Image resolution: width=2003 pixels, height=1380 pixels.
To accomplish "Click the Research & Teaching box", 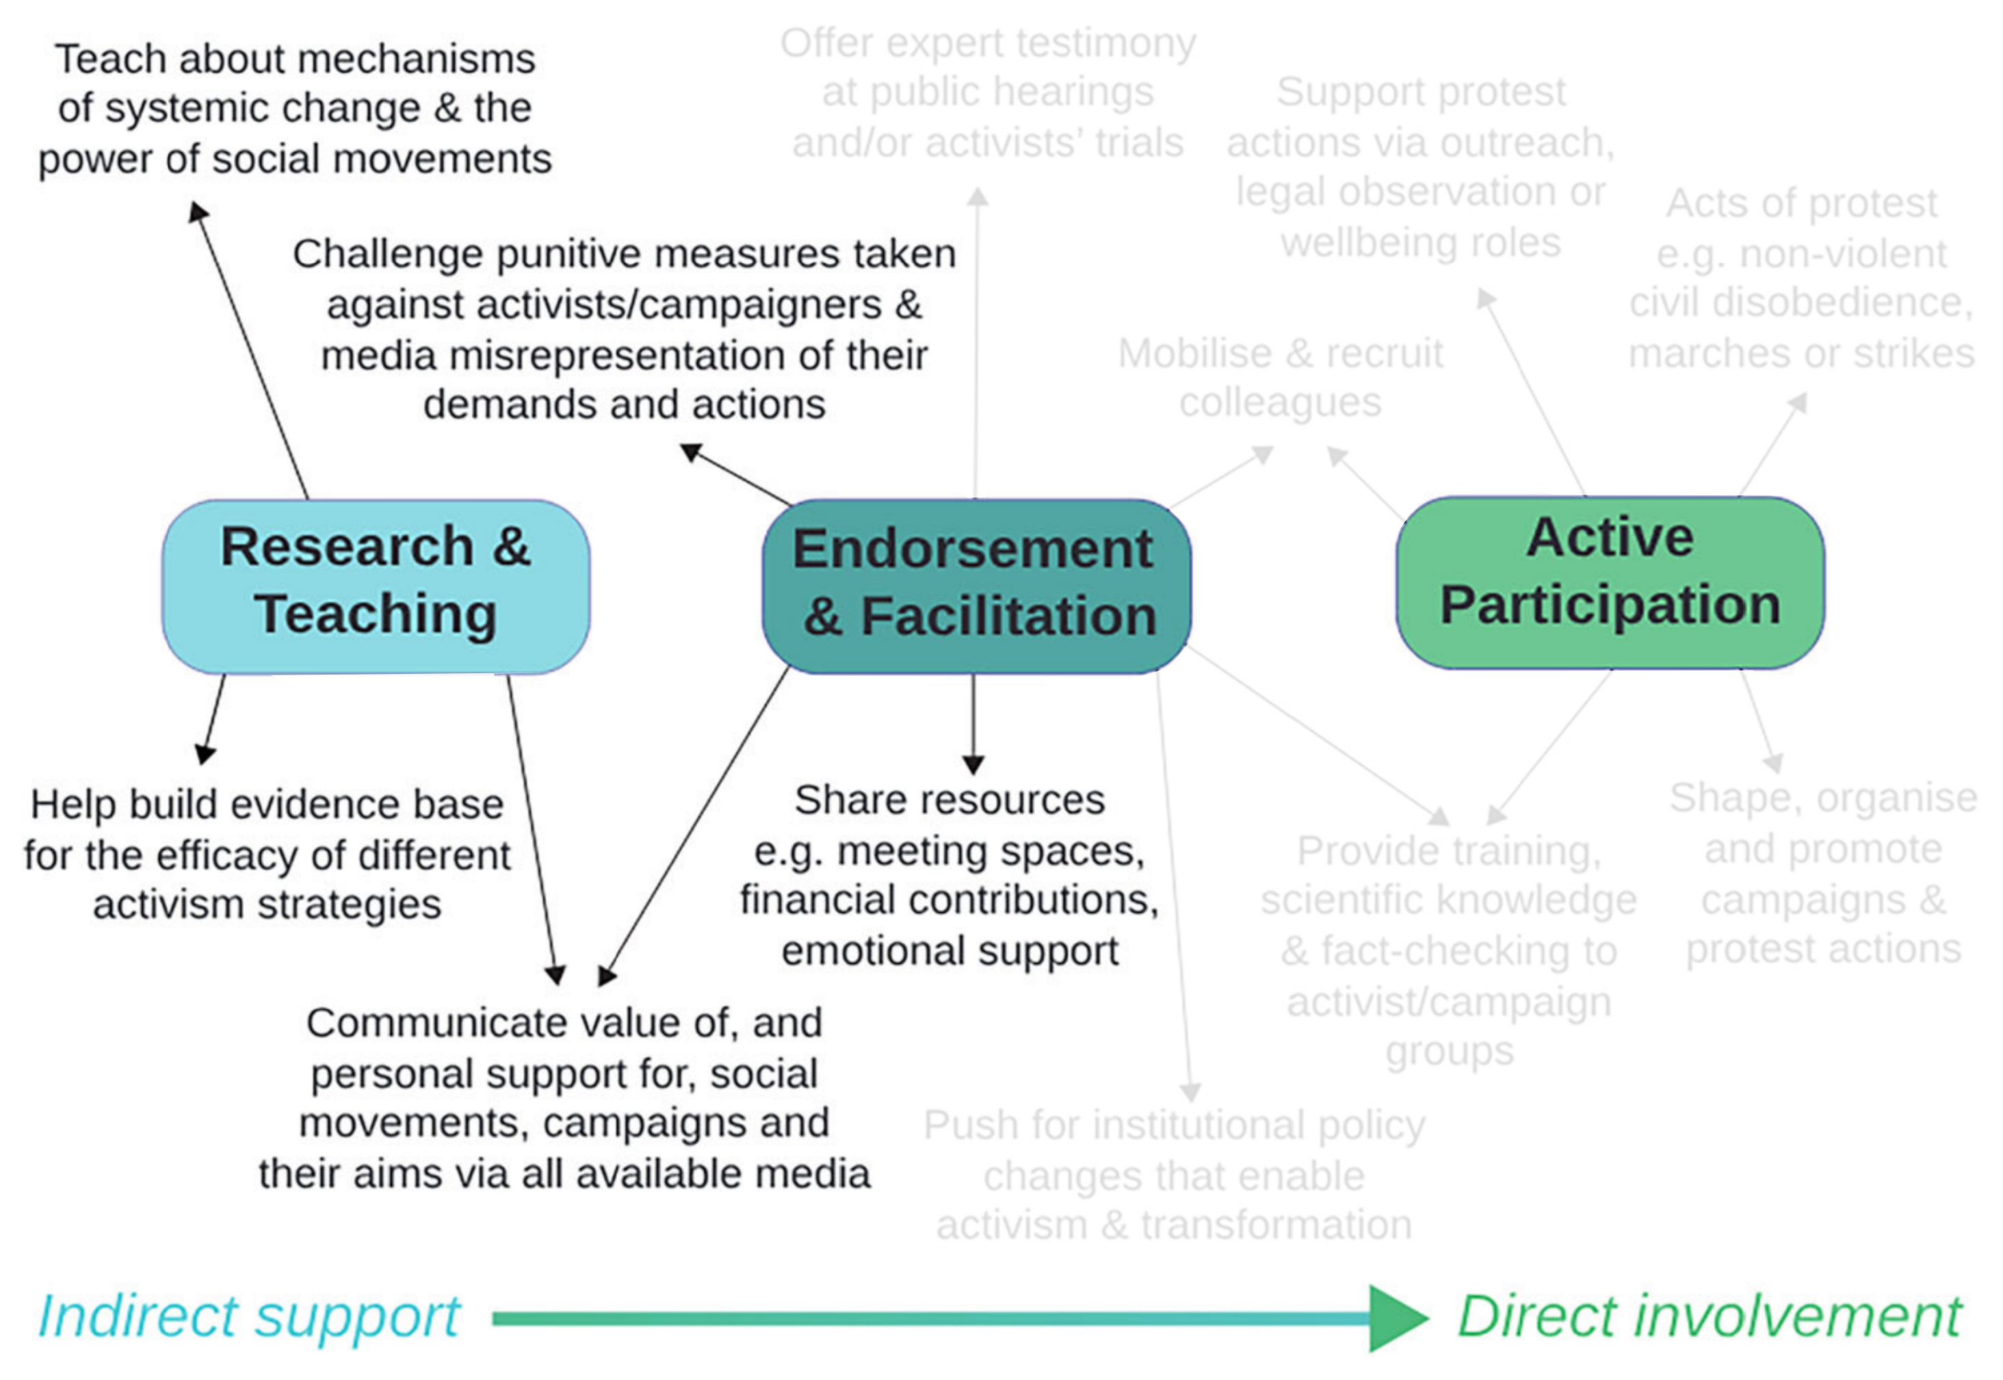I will click(376, 586).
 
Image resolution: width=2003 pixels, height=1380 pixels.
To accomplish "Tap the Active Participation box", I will click(1610, 582).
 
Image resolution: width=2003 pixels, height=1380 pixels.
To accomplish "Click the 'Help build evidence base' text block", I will click(267, 855).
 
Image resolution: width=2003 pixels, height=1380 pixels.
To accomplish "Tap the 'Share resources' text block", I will click(950, 875).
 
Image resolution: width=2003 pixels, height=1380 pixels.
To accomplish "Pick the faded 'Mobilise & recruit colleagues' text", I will click(1281, 378).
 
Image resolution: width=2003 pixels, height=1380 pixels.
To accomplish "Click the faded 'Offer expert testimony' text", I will click(988, 92).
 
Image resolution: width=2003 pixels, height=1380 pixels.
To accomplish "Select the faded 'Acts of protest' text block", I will click(1802, 278).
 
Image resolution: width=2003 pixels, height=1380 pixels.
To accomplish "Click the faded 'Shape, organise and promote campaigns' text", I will click(1822, 873).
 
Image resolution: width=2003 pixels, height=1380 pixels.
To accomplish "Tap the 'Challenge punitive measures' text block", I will click(624, 328).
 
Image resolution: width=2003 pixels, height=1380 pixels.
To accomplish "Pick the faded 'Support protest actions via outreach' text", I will click(1420, 167).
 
